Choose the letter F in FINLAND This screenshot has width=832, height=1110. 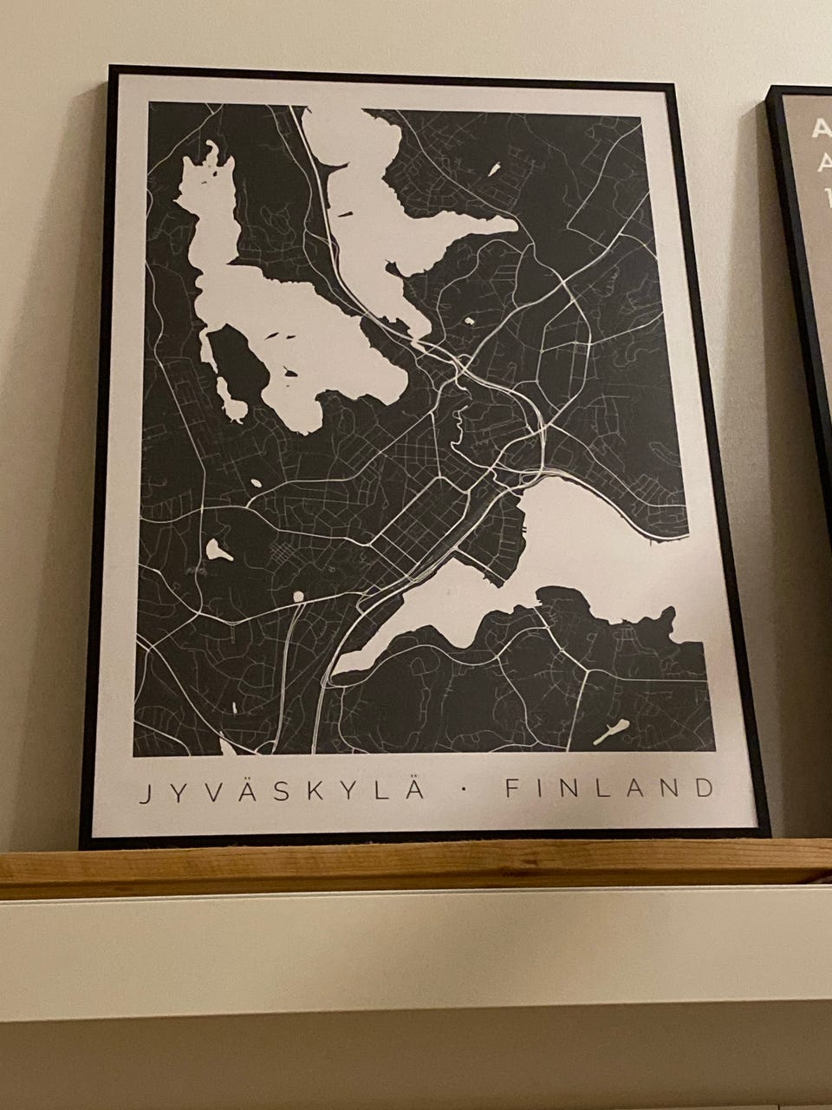click(510, 789)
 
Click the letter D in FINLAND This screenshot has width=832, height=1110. click(706, 788)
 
